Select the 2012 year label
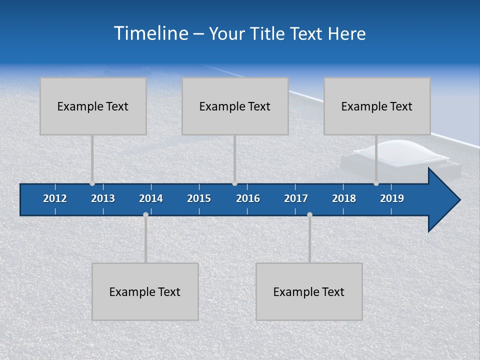click(x=55, y=198)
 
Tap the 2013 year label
click(x=103, y=198)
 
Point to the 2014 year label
click(x=151, y=198)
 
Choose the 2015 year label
click(x=199, y=198)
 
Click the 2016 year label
click(x=248, y=198)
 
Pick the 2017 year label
click(x=296, y=198)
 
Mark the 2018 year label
click(x=344, y=198)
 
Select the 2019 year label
click(x=392, y=198)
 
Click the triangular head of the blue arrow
click(x=442, y=200)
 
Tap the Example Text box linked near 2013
click(x=93, y=106)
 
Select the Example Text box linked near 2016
click(x=235, y=106)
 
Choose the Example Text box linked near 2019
click(x=377, y=106)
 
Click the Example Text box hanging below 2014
click(x=145, y=291)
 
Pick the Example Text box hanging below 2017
click(x=309, y=291)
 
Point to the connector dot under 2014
click(x=145, y=214)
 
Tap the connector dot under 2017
click(x=309, y=214)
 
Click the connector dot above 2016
click(x=234, y=183)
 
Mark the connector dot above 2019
click(x=376, y=183)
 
